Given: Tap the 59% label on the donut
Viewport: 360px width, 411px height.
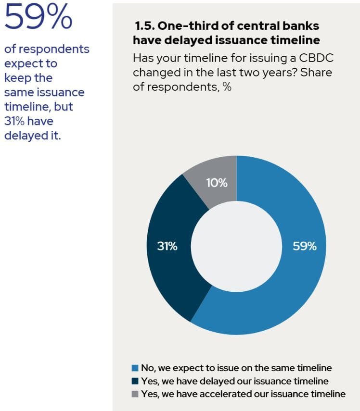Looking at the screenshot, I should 305,246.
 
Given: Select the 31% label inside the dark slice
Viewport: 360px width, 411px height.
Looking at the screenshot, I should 167,246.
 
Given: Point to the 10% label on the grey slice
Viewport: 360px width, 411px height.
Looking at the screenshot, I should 217,183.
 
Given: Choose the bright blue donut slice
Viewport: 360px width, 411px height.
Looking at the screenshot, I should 289,288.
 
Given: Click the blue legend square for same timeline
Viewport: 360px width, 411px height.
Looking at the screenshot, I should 135,368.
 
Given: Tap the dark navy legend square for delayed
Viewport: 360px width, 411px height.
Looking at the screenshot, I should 135,381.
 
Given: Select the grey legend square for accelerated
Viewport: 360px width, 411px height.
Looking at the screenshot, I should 135,394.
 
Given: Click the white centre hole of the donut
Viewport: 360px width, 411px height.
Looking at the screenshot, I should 236,245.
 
